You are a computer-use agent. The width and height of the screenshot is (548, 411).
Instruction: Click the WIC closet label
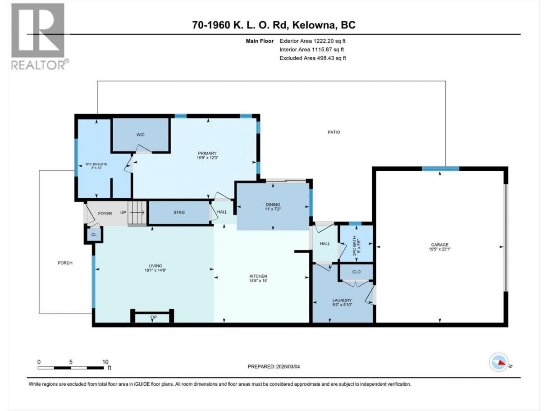140,135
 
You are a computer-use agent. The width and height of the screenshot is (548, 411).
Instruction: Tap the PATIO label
334,132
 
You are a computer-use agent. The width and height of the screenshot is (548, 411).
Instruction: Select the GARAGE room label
439,245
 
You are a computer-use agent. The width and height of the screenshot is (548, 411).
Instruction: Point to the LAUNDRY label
342,300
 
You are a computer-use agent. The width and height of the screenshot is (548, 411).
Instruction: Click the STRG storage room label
179,212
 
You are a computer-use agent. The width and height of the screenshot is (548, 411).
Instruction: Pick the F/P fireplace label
154,317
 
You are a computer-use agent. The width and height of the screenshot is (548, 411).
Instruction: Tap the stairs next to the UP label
137,213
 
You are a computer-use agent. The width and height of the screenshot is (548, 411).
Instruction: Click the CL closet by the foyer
94,235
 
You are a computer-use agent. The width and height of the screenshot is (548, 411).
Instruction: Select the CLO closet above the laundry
356,272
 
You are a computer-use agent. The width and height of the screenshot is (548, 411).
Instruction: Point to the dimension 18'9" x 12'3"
207,158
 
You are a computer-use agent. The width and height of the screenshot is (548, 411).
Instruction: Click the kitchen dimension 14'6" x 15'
258,280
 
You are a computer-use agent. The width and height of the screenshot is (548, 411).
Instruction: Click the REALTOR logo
40,37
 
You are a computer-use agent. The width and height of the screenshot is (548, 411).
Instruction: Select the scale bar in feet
71,368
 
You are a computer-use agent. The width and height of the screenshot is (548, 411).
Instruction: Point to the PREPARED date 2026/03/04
288,366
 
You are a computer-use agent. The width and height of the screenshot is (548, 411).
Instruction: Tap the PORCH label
65,263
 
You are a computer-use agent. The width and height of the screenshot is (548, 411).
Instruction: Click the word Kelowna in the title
313,25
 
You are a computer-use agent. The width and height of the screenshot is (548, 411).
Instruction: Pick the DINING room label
273,205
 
